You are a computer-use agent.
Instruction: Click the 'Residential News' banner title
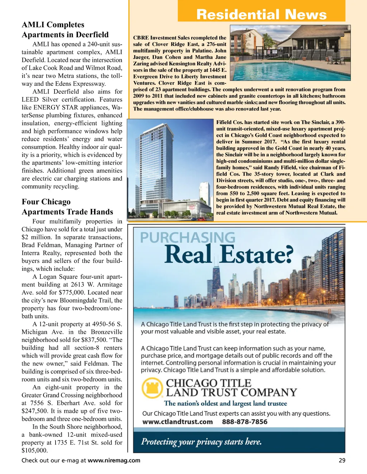coord(261,15)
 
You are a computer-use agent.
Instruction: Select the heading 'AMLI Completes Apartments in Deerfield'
coord(65,30)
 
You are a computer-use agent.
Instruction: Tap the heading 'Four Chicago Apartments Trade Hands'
coord(67,207)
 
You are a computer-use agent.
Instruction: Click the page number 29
coord(342,460)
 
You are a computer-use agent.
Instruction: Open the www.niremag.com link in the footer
coord(114,460)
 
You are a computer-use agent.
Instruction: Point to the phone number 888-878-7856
coord(244,422)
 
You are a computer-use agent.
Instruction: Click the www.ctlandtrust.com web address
coord(177,422)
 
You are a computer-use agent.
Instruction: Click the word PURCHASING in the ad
coord(187,238)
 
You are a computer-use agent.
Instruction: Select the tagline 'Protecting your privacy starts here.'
coord(201,442)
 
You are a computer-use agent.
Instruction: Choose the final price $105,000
coord(34,450)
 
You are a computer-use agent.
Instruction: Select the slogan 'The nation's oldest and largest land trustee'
coord(225,404)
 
